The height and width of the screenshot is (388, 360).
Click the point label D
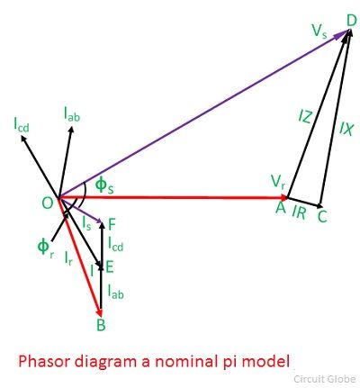click(x=351, y=21)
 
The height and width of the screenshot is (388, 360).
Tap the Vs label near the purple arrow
click(x=319, y=32)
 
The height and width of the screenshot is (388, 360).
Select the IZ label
click(x=305, y=117)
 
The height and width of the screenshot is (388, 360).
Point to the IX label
click(x=346, y=130)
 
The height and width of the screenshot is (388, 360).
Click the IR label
click(x=299, y=213)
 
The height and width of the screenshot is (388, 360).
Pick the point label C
click(x=322, y=217)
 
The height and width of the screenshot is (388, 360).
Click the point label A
click(x=281, y=208)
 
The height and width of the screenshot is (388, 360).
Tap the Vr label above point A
click(x=277, y=182)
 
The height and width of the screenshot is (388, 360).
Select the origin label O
click(x=48, y=203)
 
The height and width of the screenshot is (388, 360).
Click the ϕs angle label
click(x=104, y=185)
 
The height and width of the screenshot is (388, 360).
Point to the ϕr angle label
click(x=45, y=248)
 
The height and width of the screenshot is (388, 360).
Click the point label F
click(x=112, y=224)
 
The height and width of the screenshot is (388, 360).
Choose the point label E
click(x=109, y=267)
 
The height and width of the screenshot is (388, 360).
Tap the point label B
click(x=101, y=325)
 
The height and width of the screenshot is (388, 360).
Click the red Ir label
click(x=68, y=258)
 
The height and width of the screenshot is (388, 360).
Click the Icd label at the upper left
click(x=22, y=125)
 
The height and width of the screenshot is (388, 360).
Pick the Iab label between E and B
click(x=115, y=292)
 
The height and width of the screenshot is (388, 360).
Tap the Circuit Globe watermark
click(x=325, y=379)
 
